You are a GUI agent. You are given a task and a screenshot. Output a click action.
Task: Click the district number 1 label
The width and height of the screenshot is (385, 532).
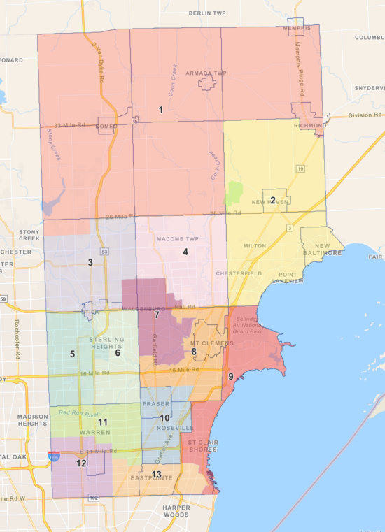(x=160, y=110)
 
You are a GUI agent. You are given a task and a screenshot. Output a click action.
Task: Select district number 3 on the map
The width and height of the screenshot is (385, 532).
(x=90, y=263)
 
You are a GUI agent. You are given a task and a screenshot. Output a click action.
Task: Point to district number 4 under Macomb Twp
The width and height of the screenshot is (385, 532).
(x=185, y=252)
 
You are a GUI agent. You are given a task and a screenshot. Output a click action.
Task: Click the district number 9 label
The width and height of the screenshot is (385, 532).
(x=231, y=377)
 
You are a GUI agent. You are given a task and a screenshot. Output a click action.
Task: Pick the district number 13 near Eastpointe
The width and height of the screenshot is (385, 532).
(x=156, y=475)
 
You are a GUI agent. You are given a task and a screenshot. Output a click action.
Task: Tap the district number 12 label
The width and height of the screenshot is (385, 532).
(x=81, y=463)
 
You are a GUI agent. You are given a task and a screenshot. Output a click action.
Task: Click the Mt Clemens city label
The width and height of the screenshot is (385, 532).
(x=207, y=344)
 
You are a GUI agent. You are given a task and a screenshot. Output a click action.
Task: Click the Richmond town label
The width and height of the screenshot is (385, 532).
(x=310, y=126)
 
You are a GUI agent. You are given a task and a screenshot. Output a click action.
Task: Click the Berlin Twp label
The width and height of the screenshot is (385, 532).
(x=209, y=13)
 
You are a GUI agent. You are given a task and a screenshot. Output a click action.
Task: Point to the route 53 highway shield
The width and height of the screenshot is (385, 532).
(x=105, y=250)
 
